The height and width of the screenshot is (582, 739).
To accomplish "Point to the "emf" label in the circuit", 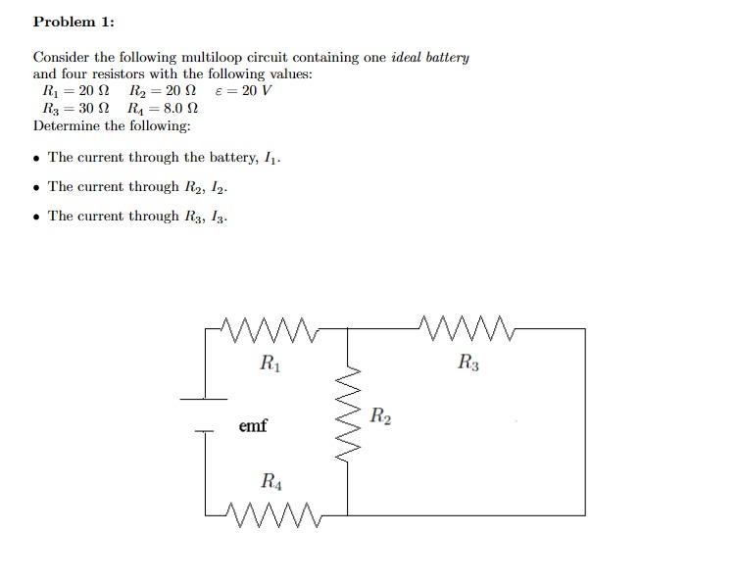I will point(253,426).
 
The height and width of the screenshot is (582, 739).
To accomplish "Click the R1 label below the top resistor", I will point(270,364).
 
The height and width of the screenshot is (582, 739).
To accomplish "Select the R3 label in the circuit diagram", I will point(468,364).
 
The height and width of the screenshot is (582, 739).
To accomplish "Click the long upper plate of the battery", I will point(204,398).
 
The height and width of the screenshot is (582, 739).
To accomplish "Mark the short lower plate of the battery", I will point(204,429).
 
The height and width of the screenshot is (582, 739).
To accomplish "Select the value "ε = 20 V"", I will point(243,91).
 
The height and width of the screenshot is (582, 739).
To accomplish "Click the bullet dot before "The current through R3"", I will point(37,217).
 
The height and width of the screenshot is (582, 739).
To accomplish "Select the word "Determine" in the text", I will point(65,125).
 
